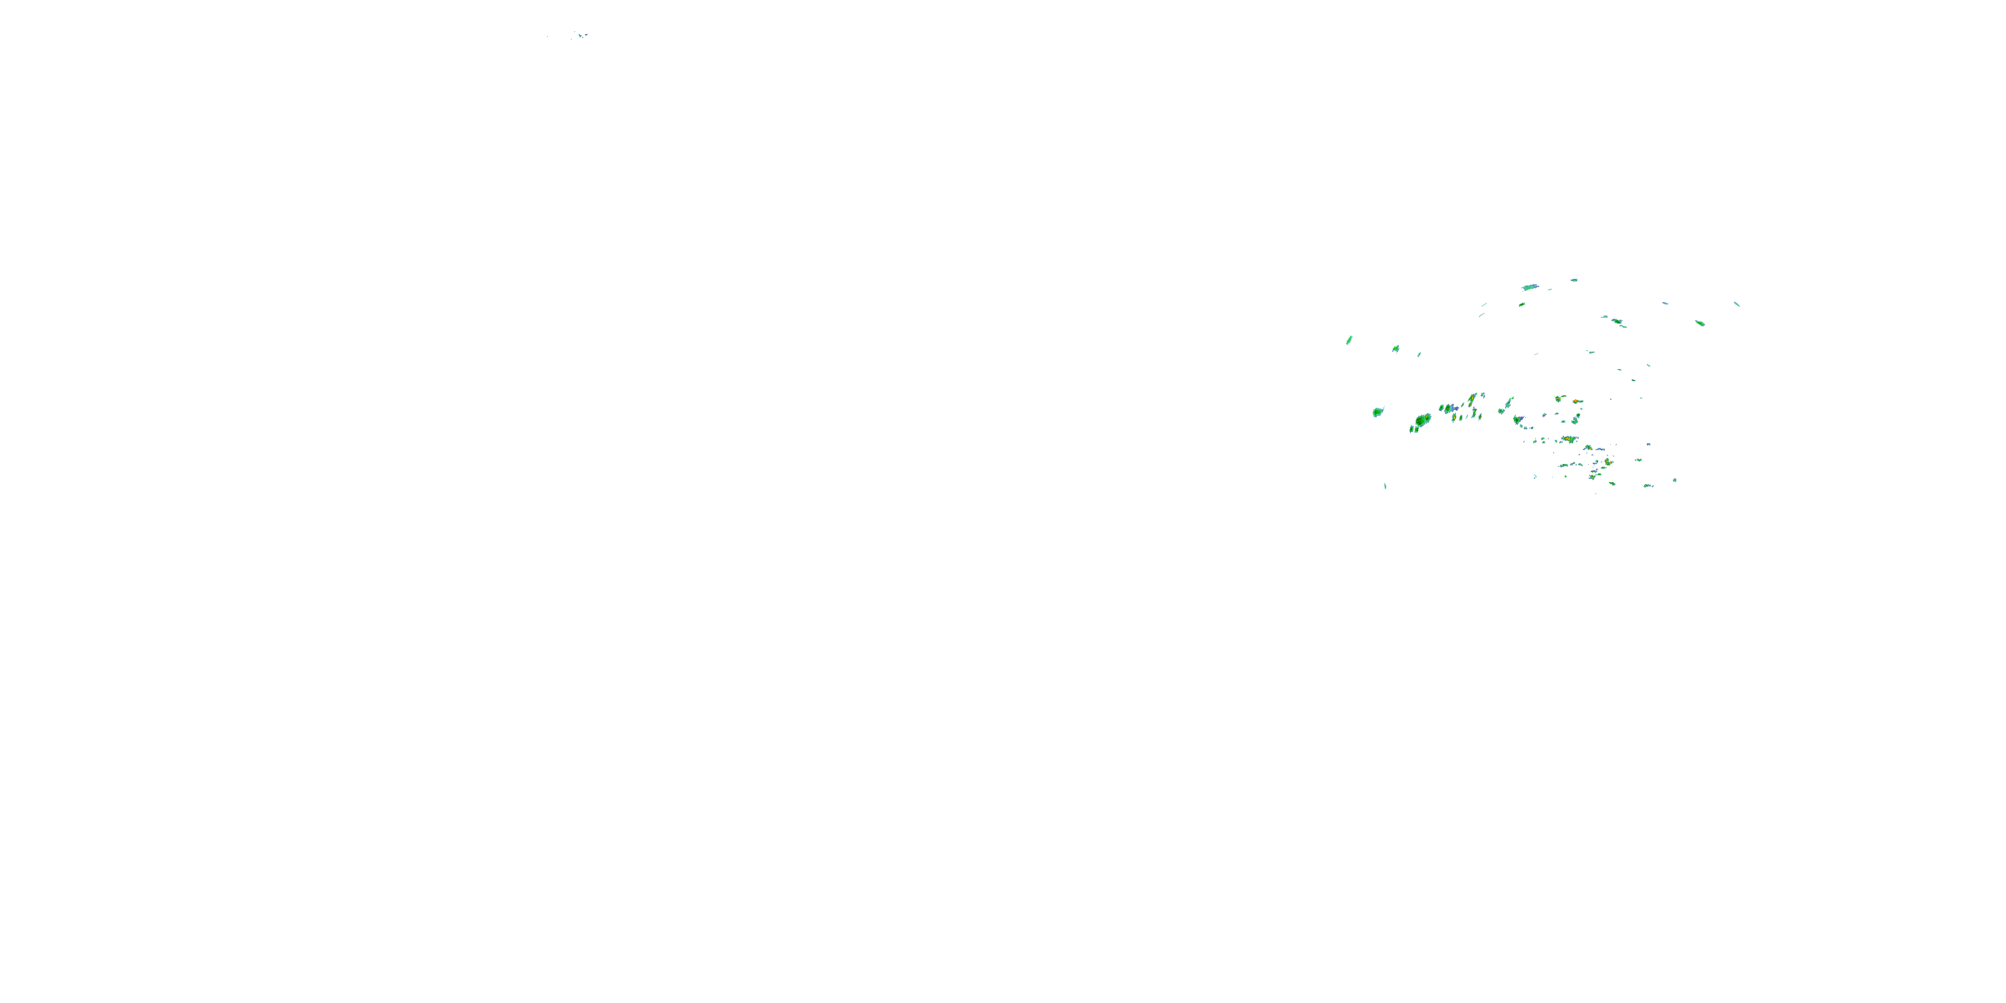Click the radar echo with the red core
point(1576,401)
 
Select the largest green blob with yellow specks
point(1423,421)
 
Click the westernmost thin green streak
point(1349,340)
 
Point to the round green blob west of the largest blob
point(1377,411)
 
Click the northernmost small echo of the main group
point(1574,280)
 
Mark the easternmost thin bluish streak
point(1737,304)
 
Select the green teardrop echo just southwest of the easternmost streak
point(1700,322)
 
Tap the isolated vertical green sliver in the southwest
point(1385,486)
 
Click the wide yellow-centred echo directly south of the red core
point(1568,439)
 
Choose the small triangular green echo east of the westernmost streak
point(1396,348)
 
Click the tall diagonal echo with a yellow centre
point(1472,401)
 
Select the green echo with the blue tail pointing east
point(1448,408)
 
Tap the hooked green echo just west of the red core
point(1559,399)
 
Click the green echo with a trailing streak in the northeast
point(1618,321)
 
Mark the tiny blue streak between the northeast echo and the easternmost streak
point(1665,303)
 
